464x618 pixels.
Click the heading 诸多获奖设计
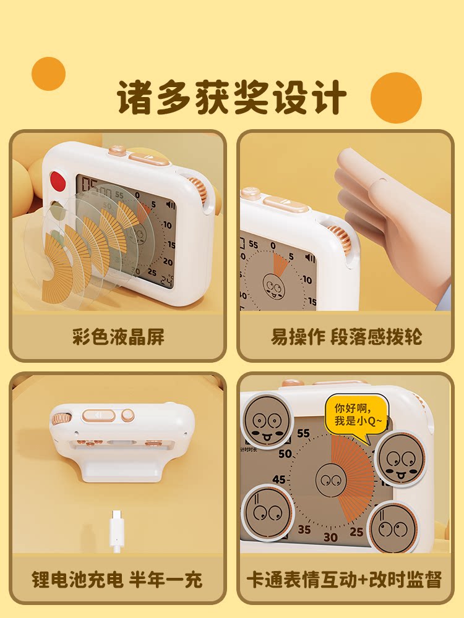click(x=231, y=97)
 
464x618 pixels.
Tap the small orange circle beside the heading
click(x=48, y=74)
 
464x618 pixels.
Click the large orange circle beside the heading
click(x=396, y=98)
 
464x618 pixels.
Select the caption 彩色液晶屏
click(x=118, y=336)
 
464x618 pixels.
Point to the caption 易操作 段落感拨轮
click(x=346, y=336)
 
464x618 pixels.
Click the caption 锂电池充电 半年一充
click(x=117, y=579)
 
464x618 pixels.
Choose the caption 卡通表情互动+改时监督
click(x=345, y=579)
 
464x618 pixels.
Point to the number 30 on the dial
click(x=330, y=536)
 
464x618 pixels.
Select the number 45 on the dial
click(x=279, y=480)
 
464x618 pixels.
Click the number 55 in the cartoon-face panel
click(x=303, y=433)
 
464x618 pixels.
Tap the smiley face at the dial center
click(x=331, y=480)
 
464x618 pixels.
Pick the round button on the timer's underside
click(x=128, y=415)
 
